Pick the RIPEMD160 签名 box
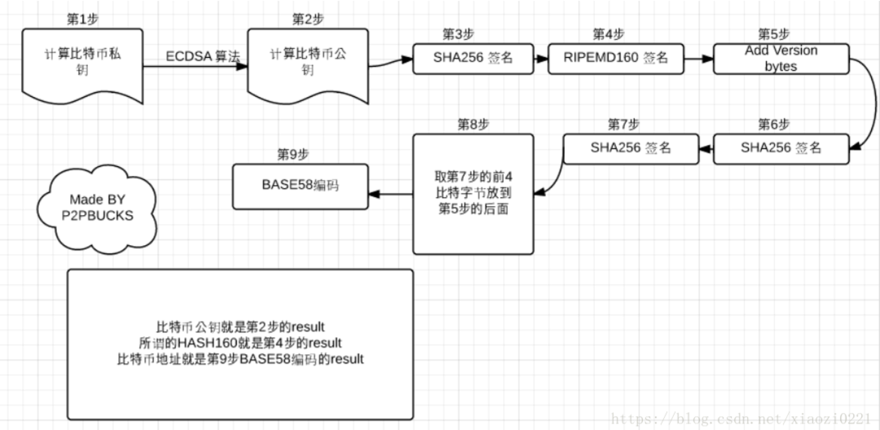pos(615,59)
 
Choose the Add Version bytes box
pos(781,59)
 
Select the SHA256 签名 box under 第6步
pos(781,148)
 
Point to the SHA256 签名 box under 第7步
pos(631,148)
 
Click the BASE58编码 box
pos(301,184)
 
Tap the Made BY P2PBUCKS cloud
pos(97,207)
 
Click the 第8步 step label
pos(473,124)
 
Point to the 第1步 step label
pos(81,18)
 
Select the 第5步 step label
pos(773,34)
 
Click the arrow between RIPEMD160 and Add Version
pos(699,59)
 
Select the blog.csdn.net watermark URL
pos(741,419)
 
